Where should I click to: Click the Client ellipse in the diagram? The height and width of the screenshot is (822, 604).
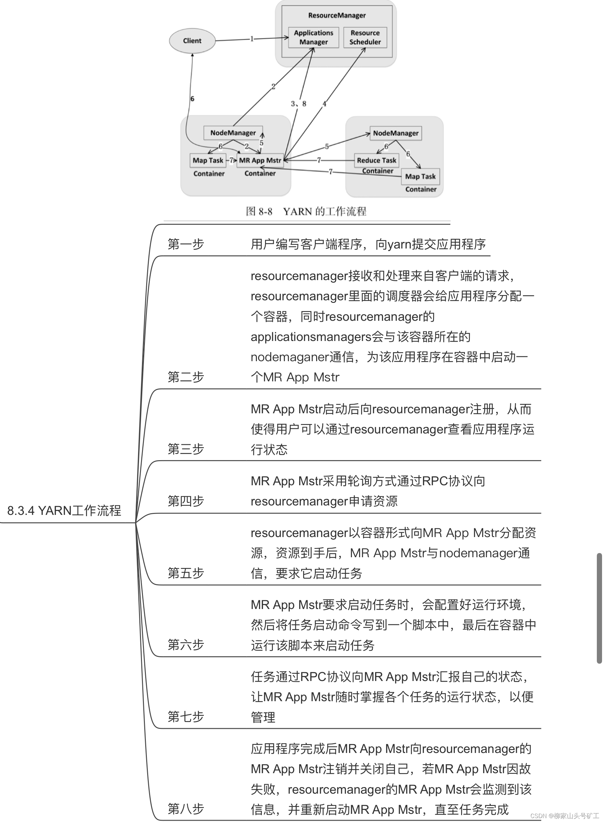coord(192,41)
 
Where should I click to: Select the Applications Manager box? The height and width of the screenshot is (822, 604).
coord(313,37)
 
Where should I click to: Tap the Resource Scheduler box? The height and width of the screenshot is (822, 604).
coord(365,37)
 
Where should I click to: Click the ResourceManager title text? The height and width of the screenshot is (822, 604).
coord(337,15)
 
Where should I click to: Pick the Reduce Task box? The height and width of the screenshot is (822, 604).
coord(377,160)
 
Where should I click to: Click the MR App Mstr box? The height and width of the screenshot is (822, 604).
coord(260,160)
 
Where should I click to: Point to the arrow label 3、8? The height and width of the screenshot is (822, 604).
coord(298,104)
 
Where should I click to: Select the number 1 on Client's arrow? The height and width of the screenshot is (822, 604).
coord(252,39)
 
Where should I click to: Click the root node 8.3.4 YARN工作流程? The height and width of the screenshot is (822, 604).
coord(64,510)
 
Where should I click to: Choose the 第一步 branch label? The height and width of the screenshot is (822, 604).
coord(186,244)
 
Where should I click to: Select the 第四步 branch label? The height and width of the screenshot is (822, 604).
coord(186,501)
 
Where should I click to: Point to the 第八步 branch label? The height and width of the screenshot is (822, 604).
coord(186,809)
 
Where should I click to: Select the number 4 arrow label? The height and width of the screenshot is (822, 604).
coord(324,104)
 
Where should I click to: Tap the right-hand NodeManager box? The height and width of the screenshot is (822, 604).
coord(396,133)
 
